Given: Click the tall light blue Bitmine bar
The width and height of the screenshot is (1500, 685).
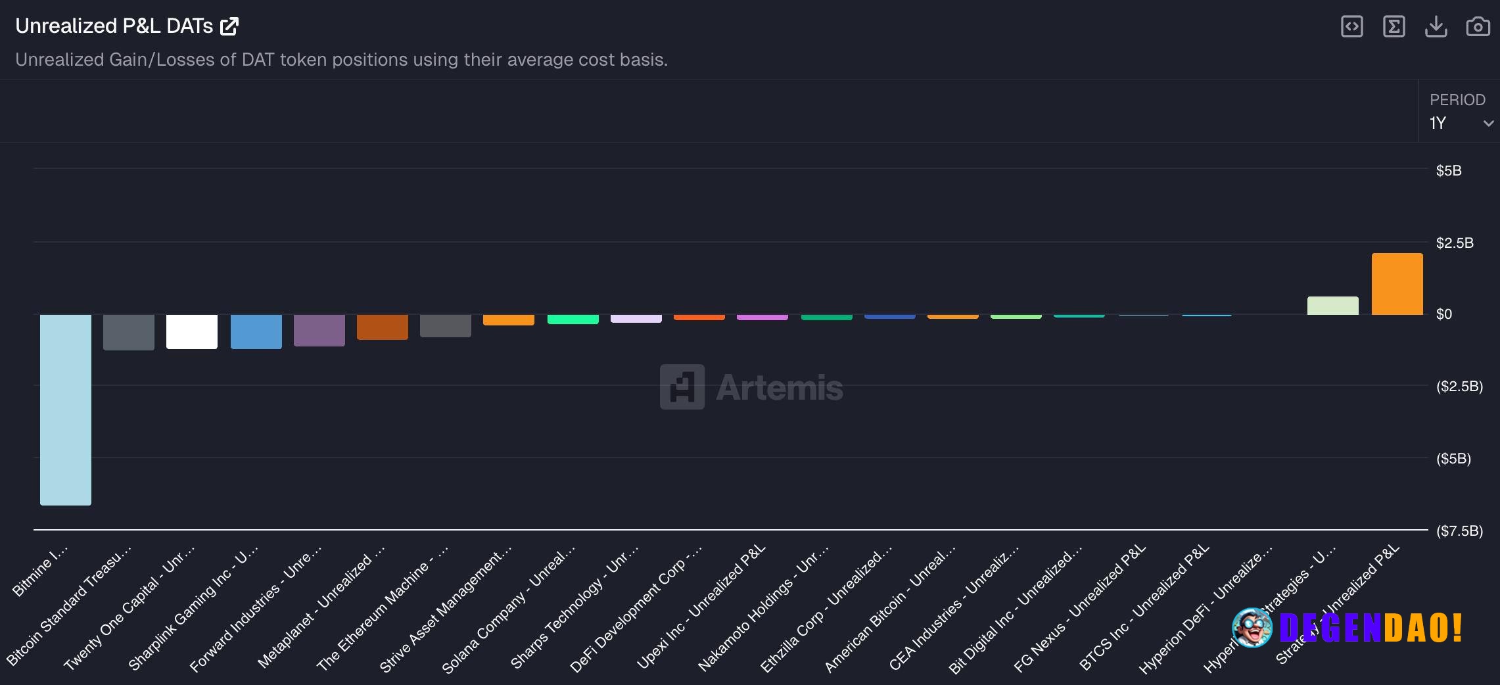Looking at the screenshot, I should point(66,409).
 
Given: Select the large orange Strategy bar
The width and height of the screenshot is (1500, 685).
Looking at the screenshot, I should point(1397,284).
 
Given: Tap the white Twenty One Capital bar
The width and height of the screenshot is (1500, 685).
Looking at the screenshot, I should point(192,331).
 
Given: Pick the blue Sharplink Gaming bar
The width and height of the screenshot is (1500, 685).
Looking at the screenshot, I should point(256,331).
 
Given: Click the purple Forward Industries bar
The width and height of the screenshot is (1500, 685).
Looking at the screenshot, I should point(319,330).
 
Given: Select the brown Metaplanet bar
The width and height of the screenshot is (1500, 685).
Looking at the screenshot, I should point(383,327).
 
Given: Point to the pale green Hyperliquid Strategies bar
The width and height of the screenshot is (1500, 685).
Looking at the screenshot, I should point(1332,306).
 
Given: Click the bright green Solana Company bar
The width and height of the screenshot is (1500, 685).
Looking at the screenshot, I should point(573,319).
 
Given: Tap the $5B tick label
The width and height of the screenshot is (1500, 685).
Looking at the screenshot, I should point(1448,171).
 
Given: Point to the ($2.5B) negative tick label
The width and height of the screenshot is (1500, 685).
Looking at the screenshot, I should point(1459,386).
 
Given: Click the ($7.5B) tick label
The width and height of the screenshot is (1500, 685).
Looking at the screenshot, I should point(1459,531).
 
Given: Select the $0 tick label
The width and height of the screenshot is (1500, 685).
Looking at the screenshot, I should point(1443,314).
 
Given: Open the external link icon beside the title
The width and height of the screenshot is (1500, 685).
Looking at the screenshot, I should point(229,26).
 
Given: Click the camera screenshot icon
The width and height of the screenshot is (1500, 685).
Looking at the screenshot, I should point(1478,26).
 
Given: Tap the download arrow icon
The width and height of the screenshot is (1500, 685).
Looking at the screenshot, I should point(1436,26).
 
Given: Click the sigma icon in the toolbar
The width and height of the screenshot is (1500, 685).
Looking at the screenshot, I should point(1394,26).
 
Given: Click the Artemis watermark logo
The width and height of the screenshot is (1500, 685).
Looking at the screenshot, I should point(751,387).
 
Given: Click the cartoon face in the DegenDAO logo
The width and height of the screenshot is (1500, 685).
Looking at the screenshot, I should point(1252,628).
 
